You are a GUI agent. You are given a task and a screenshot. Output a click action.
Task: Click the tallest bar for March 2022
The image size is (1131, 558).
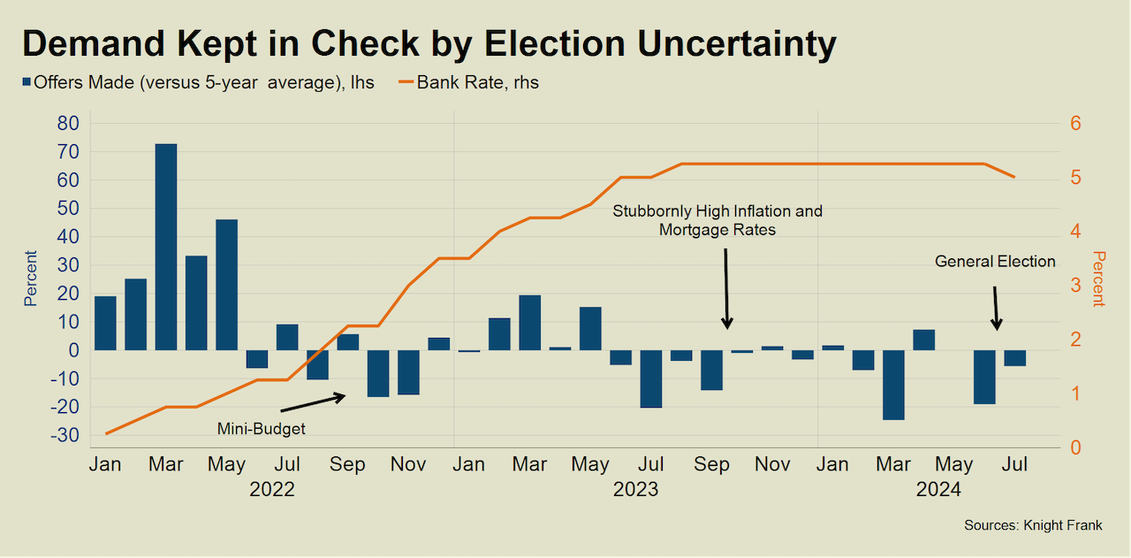(166, 247)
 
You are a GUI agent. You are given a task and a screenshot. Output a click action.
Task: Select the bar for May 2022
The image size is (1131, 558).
(226, 285)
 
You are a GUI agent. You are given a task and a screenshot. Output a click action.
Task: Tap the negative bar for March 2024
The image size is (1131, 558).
(893, 385)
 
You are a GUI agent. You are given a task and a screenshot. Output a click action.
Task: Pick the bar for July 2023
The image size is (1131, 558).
(651, 378)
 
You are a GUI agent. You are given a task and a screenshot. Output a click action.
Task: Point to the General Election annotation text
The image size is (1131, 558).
(995, 261)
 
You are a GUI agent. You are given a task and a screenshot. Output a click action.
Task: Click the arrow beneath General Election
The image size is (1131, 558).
(996, 308)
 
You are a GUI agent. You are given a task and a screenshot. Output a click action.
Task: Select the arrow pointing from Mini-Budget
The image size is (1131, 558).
(313, 403)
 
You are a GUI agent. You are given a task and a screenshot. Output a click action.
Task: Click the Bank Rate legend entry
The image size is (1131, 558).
(468, 83)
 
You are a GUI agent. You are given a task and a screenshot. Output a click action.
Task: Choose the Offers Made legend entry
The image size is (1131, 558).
(198, 83)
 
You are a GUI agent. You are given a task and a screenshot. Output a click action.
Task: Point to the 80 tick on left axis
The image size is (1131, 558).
(68, 123)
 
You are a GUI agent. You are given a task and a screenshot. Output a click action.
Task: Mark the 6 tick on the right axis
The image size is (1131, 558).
(1075, 123)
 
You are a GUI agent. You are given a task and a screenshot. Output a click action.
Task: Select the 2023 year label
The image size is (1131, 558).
(636, 488)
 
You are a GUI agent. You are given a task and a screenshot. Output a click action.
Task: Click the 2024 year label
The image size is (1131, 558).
(938, 488)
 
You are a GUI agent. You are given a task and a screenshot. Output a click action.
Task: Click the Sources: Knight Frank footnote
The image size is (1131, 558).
(1033, 525)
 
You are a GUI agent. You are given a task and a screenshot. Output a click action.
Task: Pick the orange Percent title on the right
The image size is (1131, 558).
(1098, 279)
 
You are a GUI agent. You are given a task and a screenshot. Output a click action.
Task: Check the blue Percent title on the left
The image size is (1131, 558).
(30, 279)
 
